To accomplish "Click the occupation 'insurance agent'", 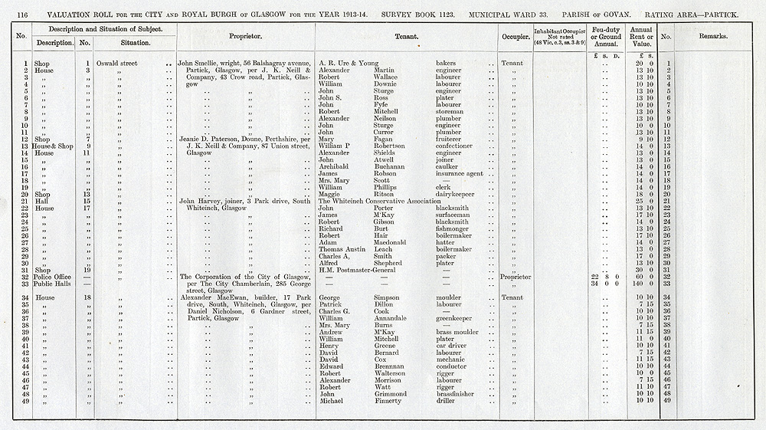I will (459, 174).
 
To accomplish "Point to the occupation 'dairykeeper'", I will (455, 194).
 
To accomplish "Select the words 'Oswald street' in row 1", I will (118, 63).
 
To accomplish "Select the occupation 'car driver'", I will (452, 346).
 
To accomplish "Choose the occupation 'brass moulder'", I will (458, 332).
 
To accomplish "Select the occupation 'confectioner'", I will (457, 146).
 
